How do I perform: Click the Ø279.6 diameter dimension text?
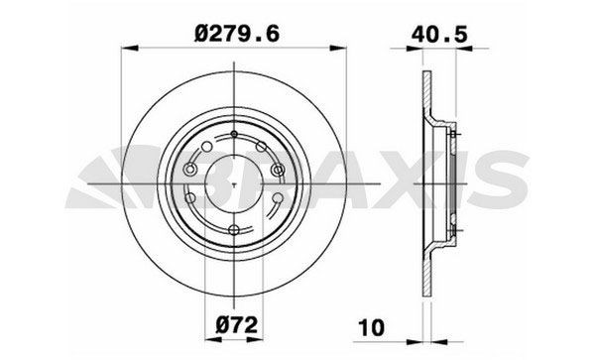click(237, 34)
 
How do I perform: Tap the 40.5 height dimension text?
click(439, 35)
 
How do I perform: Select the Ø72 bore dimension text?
click(237, 324)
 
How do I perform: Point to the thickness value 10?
click(372, 327)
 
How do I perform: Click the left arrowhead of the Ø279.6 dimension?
click(129, 49)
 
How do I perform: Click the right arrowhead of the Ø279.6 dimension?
click(338, 49)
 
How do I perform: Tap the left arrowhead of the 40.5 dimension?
click(415, 49)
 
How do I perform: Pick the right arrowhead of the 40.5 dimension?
click(464, 49)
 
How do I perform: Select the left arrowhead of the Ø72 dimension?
click(213, 339)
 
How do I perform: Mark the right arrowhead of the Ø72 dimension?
click(255, 339)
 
